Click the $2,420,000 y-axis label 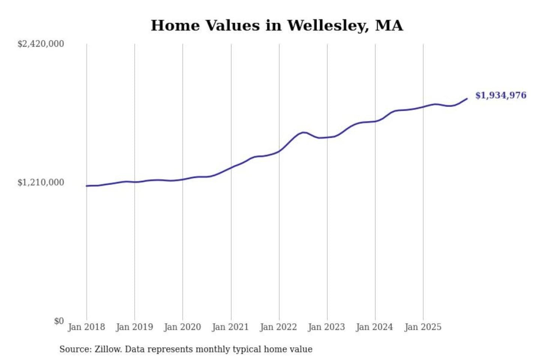point(40,44)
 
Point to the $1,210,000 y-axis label point(40,183)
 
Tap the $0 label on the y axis point(59,321)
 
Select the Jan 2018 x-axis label point(86,327)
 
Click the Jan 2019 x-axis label point(134,327)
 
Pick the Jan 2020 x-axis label point(182,327)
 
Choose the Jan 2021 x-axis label point(230,327)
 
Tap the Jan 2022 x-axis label point(278,327)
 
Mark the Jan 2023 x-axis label point(326,327)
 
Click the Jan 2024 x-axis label point(374,327)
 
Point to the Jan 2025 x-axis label point(423,327)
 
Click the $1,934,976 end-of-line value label point(501,95)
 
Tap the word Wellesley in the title point(328,26)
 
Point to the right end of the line point(467,99)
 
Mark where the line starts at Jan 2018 point(87,186)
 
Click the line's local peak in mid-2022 point(304,132)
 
